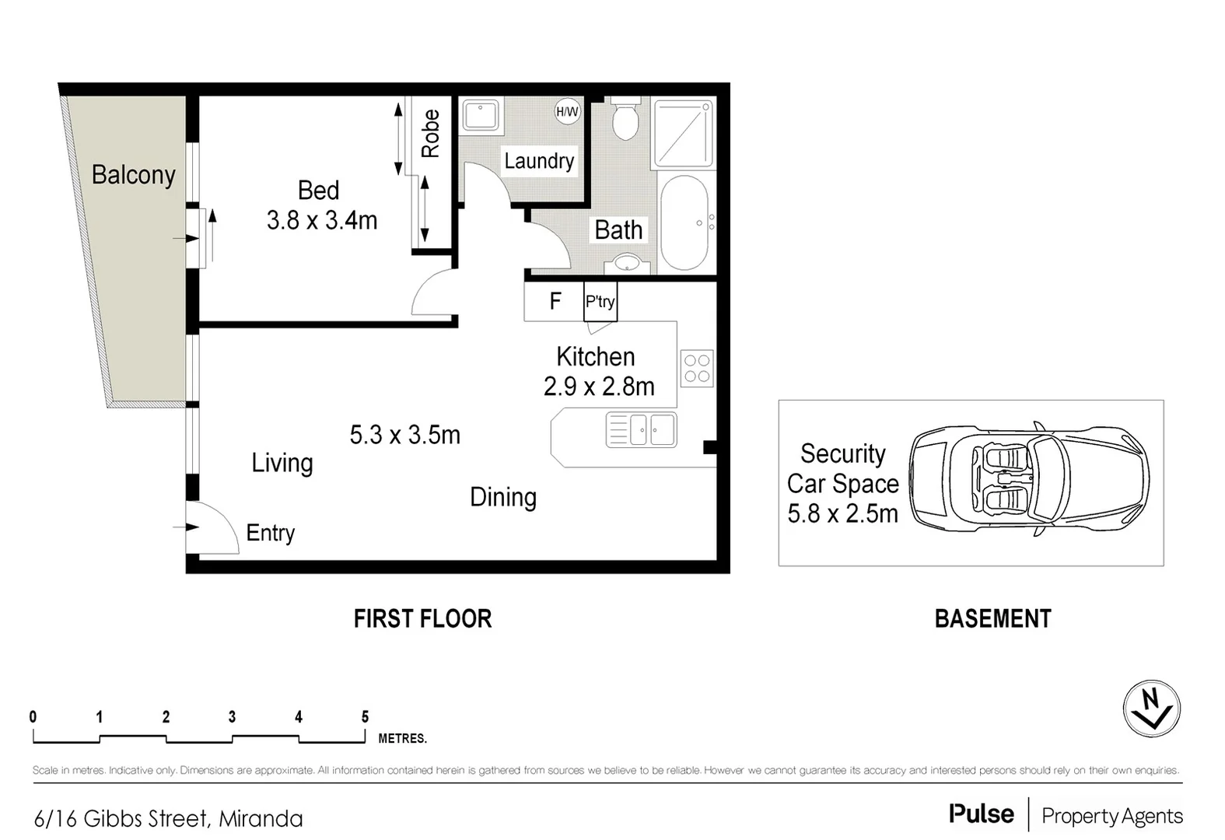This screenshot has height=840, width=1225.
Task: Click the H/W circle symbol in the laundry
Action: (x=567, y=111)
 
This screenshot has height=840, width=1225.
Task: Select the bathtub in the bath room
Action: (x=684, y=222)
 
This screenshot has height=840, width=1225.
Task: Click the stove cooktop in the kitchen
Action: (x=696, y=369)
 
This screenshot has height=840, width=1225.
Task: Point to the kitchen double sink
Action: (x=642, y=430)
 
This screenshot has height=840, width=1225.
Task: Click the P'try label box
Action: (x=600, y=302)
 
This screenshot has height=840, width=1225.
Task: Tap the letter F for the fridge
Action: (x=555, y=301)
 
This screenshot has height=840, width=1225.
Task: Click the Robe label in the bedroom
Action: (x=430, y=134)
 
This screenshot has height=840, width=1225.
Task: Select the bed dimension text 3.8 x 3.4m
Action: (x=322, y=221)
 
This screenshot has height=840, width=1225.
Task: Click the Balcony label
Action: (x=134, y=175)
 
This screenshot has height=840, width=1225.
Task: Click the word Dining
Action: (x=503, y=498)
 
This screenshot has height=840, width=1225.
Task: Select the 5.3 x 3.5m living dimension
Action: (x=404, y=435)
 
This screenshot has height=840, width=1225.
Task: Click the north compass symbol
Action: (x=1151, y=709)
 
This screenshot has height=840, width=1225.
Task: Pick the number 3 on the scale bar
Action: (x=232, y=717)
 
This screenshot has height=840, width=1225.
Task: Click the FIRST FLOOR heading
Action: (x=422, y=619)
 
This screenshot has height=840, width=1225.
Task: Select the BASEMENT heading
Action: (x=992, y=619)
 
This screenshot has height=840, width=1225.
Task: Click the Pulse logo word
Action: (x=981, y=814)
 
